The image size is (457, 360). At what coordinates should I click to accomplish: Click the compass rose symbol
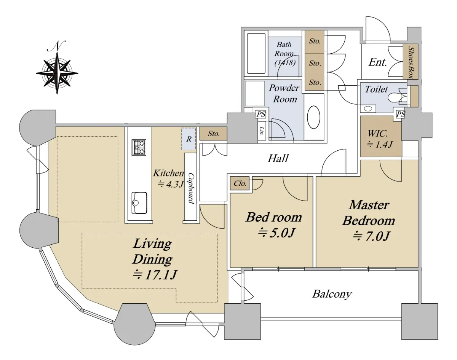[x=57, y=73]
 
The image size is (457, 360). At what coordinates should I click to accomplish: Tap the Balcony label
[x=332, y=295]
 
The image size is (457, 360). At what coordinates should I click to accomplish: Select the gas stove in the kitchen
[x=139, y=147]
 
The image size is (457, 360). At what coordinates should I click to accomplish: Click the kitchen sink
[x=139, y=203]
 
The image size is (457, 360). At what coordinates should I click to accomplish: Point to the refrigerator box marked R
[x=189, y=139]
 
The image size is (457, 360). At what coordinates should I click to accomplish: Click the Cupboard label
[x=191, y=188]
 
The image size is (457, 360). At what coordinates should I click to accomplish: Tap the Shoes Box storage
[x=411, y=62]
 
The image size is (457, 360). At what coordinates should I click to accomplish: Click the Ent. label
[x=377, y=62]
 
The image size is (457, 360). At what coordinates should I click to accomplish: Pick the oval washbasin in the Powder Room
[x=314, y=117]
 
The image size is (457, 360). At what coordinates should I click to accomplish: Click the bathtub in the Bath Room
[x=256, y=54]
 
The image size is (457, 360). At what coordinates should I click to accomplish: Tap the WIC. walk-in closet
[x=381, y=137]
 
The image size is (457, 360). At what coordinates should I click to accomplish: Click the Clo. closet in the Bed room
[x=240, y=183]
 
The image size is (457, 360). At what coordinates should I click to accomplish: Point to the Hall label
[x=278, y=158]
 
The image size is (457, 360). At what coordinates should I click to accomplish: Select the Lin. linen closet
[x=262, y=131]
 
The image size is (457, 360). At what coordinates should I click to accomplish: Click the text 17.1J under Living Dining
[x=155, y=275]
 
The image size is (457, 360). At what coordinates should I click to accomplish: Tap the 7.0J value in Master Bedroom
[x=372, y=236]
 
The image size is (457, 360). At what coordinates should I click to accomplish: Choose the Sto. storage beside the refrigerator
[x=213, y=134]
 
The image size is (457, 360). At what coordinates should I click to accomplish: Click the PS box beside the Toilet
[x=399, y=115]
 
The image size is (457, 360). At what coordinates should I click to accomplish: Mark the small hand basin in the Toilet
[x=368, y=109]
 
